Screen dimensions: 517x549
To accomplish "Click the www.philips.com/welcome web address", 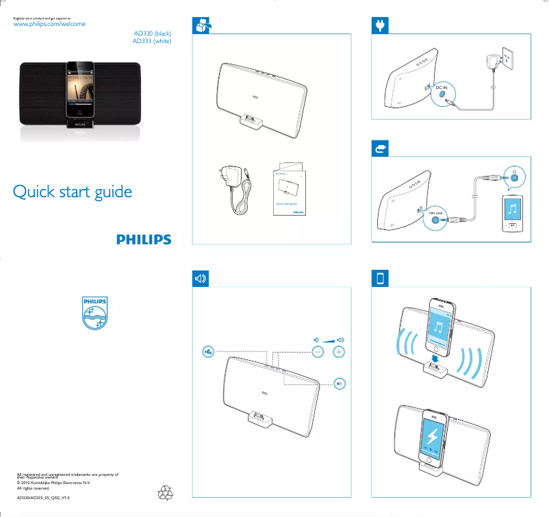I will [50, 24].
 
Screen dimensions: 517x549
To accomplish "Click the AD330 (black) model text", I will [152, 33].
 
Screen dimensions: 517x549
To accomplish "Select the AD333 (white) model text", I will [151, 41].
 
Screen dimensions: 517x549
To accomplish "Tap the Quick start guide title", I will [73, 192].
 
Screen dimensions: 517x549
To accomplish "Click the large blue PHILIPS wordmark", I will [143, 239].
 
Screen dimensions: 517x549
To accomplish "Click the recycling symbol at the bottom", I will [167, 493].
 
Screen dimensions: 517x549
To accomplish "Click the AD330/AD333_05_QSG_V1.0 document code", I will [43, 498].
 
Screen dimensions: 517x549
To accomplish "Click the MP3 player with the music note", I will [512, 214].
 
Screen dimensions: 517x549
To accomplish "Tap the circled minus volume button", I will [318, 352].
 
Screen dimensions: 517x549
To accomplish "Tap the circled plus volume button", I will [339, 352].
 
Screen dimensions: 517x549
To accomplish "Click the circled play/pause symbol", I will [340, 384].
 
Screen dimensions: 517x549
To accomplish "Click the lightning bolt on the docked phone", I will [433, 437].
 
